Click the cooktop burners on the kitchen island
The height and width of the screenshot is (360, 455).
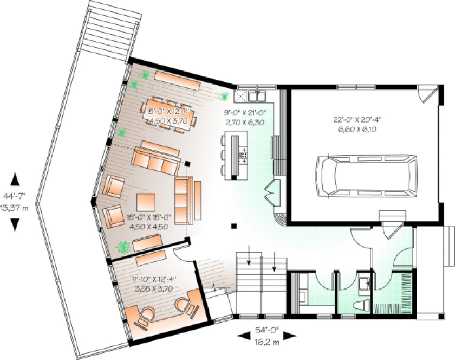click(244, 155)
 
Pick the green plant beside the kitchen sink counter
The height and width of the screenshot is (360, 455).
click(224, 97)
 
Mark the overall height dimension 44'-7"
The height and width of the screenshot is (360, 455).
click(15, 198)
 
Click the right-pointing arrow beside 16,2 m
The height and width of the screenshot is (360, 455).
click(290, 336)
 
